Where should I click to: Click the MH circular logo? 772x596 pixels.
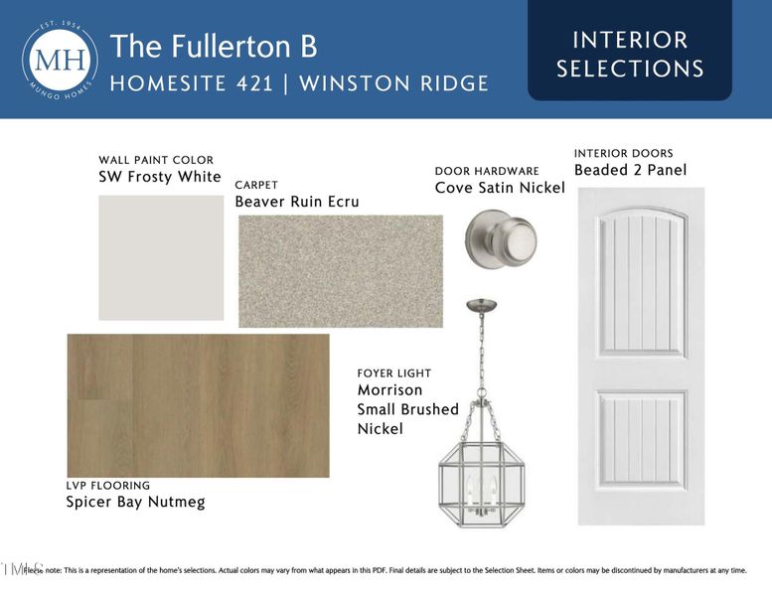pyautogui.click(x=60, y=60)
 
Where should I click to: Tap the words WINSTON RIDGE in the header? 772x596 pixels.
pyautogui.click(x=393, y=83)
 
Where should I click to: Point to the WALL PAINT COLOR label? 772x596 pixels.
pyautogui.click(x=156, y=160)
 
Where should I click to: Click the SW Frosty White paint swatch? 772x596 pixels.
pyautogui.click(x=161, y=257)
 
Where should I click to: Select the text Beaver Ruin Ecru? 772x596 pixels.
pyautogui.click(x=297, y=202)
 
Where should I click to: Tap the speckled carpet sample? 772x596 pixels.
pyautogui.click(x=340, y=270)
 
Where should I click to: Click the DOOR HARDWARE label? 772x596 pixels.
pyautogui.click(x=487, y=171)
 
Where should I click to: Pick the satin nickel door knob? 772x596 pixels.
pyautogui.click(x=502, y=239)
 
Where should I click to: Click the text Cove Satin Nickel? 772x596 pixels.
pyautogui.click(x=500, y=188)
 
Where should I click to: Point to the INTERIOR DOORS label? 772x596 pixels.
pyautogui.click(x=623, y=153)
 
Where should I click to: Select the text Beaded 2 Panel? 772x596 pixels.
pyautogui.click(x=630, y=170)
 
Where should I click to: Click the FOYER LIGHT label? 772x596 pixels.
pyautogui.click(x=394, y=373)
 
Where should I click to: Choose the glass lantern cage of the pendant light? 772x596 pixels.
pyautogui.click(x=482, y=477)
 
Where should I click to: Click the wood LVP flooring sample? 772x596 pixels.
pyautogui.click(x=198, y=404)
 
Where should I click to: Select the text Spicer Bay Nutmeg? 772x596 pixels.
pyautogui.click(x=135, y=502)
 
